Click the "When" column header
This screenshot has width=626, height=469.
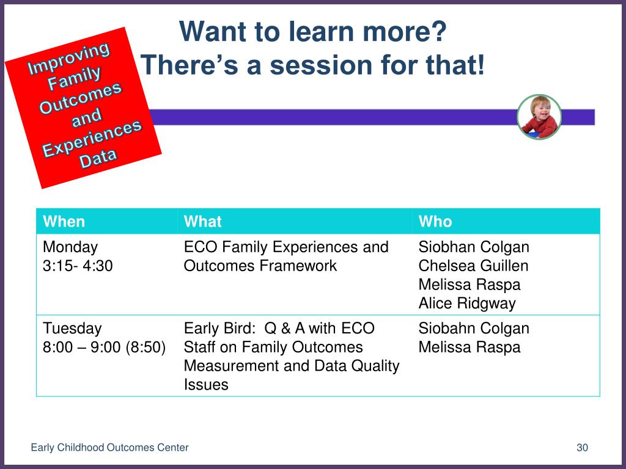64,221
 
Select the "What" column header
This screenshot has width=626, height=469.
202,221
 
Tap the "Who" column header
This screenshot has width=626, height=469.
435,221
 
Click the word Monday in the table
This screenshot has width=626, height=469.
70,248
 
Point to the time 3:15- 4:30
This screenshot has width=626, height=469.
78,266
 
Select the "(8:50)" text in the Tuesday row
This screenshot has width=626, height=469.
145,347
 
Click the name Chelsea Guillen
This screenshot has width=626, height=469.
474,266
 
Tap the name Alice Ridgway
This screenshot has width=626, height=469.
467,304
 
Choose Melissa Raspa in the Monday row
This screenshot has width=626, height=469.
469,285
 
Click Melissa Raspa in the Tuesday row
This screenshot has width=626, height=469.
469,347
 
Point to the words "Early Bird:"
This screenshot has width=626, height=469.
219,328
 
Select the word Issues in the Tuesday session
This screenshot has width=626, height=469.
206,385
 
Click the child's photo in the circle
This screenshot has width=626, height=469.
539,117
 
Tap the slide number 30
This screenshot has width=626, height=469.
582,448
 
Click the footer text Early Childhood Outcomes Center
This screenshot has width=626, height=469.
109,448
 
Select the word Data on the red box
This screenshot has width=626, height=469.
98,158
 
